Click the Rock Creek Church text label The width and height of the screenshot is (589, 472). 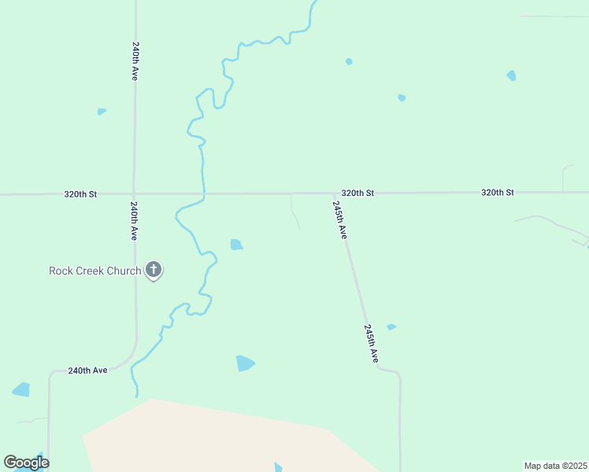[94, 271]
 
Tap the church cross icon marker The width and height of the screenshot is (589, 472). [154, 271]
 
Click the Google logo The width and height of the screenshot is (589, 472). [26, 463]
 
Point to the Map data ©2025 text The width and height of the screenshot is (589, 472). [555, 466]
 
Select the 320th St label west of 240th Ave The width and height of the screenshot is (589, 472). [80, 194]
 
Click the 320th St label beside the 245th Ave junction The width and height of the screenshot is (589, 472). [357, 193]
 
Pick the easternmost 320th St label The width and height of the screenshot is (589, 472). [497, 193]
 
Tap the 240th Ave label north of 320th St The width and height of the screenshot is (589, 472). [136, 61]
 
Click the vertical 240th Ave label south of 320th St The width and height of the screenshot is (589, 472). [135, 222]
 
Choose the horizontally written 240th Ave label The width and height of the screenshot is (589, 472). [87, 371]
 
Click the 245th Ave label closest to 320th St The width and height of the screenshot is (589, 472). [339, 219]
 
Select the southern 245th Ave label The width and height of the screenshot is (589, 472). [372, 343]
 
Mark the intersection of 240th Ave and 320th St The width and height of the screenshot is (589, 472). [135, 194]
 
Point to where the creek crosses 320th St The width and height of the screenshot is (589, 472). [203, 194]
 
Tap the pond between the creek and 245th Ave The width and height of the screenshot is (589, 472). [236, 245]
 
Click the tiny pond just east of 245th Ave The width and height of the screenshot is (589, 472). [391, 326]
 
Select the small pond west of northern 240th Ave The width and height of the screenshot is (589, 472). [102, 112]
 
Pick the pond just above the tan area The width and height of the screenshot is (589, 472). [245, 363]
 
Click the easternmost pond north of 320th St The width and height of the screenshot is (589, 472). [512, 76]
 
